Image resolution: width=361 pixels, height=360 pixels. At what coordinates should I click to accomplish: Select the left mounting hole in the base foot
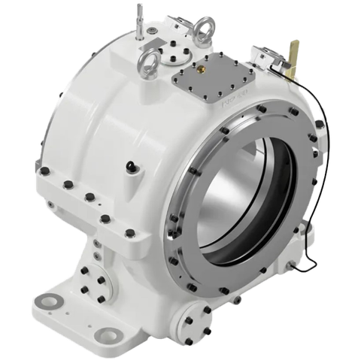coord(50,300)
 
